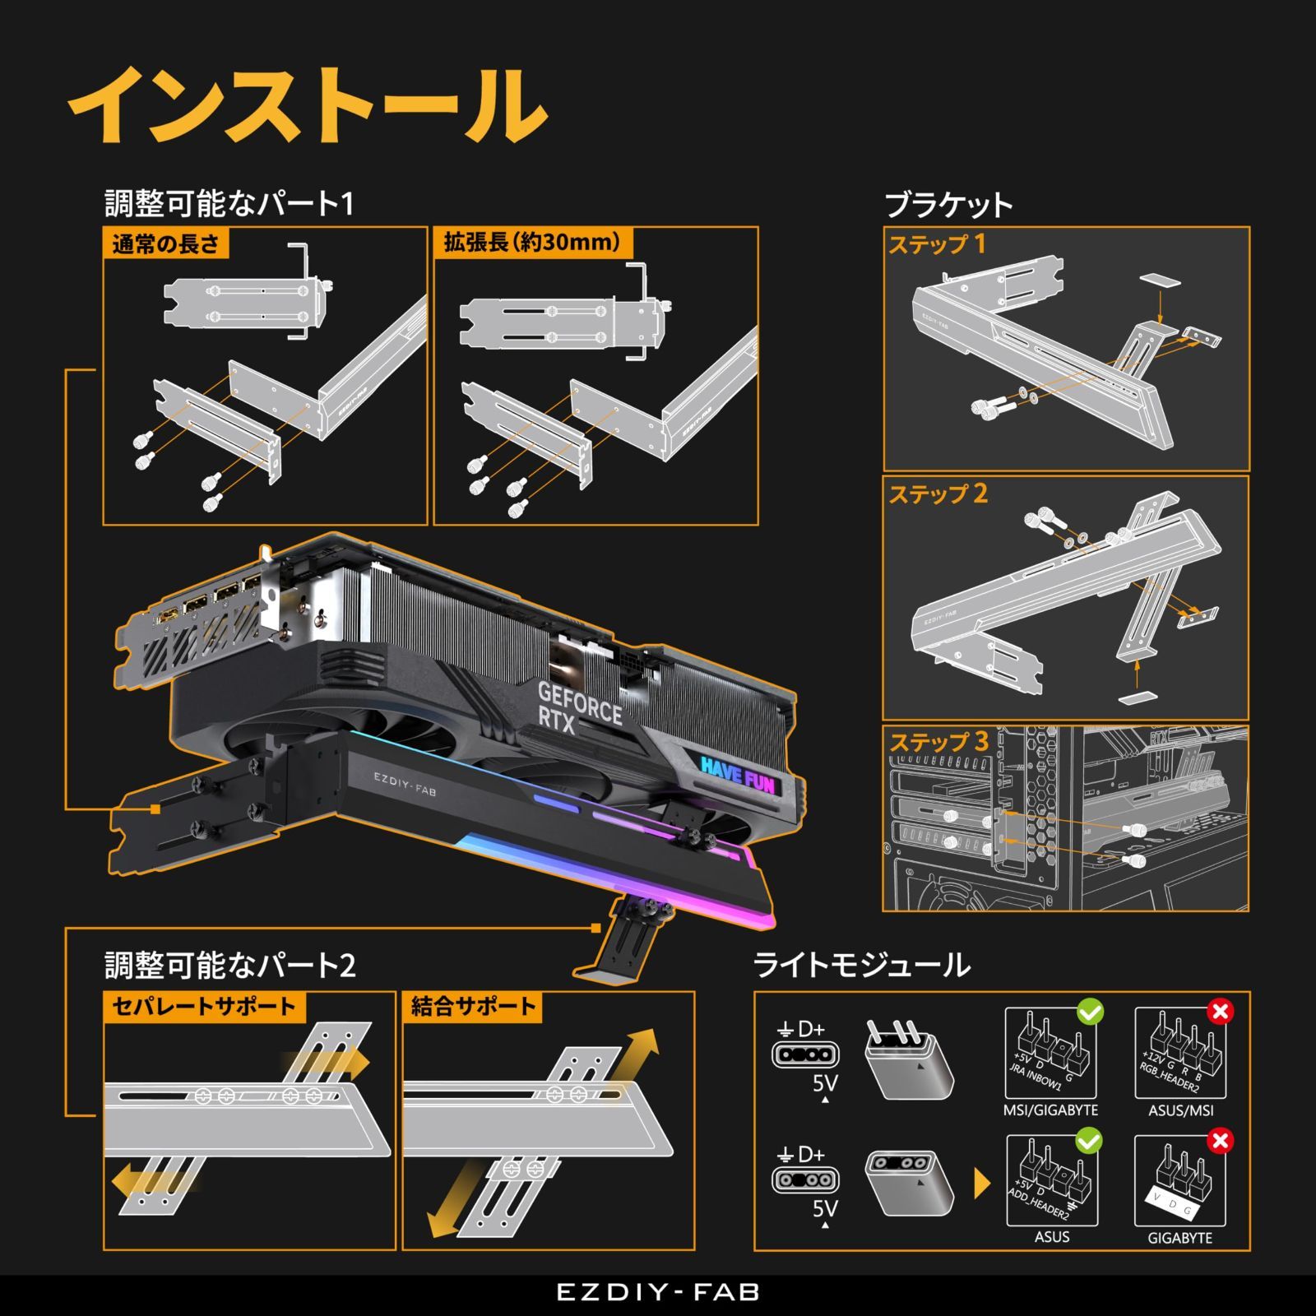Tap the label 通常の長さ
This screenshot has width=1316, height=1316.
pyautogui.click(x=165, y=244)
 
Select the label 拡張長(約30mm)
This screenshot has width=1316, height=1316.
pyautogui.click(x=532, y=243)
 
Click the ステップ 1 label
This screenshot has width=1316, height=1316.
pyautogui.click(x=936, y=244)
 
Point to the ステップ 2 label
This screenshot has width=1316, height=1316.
pyautogui.click(x=938, y=494)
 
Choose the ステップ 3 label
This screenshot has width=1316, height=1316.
pyautogui.click(x=938, y=742)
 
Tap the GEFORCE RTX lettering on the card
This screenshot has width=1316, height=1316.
pyautogui.click(x=579, y=707)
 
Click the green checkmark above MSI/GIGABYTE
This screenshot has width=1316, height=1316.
pyautogui.click(x=1090, y=1011)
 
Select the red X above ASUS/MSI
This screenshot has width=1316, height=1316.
pyautogui.click(x=1220, y=1011)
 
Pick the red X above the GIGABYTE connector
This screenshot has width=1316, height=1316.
pyautogui.click(x=1220, y=1141)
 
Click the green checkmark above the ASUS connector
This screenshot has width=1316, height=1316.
pyautogui.click(x=1089, y=1141)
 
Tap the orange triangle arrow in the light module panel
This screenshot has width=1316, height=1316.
pyautogui.click(x=981, y=1184)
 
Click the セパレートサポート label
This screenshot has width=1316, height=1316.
pyautogui.click(x=203, y=1007)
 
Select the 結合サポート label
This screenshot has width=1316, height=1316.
pyautogui.click(x=473, y=1007)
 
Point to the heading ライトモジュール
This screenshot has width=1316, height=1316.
pyautogui.click(x=861, y=965)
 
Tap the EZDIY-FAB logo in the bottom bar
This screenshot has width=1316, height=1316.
pyautogui.click(x=658, y=1292)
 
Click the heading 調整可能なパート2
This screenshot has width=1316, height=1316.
pyautogui.click(x=230, y=965)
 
